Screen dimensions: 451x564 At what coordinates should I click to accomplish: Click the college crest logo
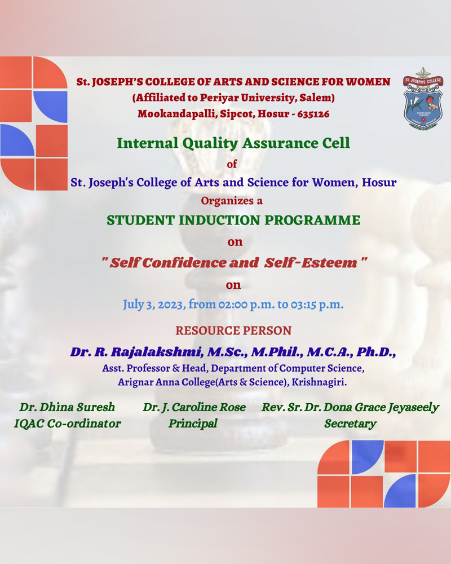click(423, 99)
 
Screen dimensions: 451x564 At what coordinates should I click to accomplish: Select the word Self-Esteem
click(311, 263)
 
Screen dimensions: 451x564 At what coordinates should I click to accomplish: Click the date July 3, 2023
click(154, 305)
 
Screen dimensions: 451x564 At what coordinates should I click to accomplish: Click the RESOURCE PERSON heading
click(233, 331)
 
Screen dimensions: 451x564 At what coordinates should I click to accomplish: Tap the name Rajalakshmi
click(157, 352)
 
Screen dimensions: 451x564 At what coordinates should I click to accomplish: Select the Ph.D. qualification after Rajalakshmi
click(376, 352)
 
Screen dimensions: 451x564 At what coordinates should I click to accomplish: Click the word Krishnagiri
click(319, 382)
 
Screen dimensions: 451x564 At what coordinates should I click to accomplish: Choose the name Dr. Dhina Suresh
click(67, 407)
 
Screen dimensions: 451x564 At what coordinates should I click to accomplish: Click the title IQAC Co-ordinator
click(67, 424)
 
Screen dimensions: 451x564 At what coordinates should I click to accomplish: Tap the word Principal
click(193, 424)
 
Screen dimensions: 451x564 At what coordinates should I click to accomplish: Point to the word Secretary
click(350, 424)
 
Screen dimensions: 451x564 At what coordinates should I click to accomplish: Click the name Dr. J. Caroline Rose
click(194, 407)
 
